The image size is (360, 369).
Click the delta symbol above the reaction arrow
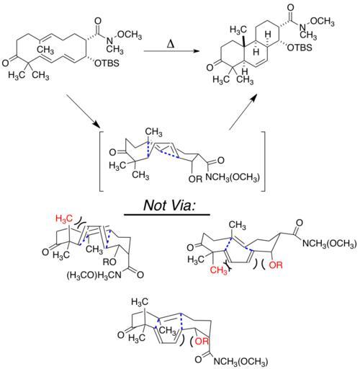coord(171,44)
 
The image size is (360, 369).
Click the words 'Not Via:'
coord(169,205)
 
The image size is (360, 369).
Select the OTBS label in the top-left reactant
coord(107,63)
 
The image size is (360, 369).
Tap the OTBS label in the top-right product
coord(300,48)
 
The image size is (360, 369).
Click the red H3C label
coord(64,218)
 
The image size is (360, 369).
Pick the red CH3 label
coord(219,270)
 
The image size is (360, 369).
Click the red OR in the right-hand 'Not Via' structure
coord(276,265)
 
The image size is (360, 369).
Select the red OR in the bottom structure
coord(202,341)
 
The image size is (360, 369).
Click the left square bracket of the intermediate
coord(102,161)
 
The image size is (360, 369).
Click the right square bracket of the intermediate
coord(263,161)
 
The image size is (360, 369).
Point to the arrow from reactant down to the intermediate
coord(83,111)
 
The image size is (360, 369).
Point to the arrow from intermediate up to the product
coord(243,112)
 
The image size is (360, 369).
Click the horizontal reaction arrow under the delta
coord(171,51)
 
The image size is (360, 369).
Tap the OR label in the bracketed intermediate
coord(196,179)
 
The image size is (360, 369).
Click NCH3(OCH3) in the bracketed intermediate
coord(233,177)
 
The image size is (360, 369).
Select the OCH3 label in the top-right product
coord(322,22)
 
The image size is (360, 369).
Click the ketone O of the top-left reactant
coord(5,63)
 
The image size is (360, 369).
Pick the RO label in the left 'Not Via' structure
coord(109,262)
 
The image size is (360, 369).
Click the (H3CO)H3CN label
coord(94,275)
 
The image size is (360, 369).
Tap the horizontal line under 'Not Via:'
coord(167,215)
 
